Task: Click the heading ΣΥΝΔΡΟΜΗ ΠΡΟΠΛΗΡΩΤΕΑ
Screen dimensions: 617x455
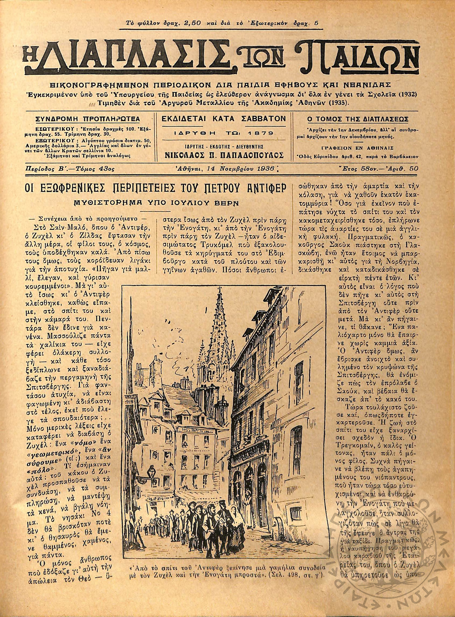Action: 88,119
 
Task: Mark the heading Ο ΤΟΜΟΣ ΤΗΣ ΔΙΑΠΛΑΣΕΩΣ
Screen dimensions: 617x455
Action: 357,119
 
